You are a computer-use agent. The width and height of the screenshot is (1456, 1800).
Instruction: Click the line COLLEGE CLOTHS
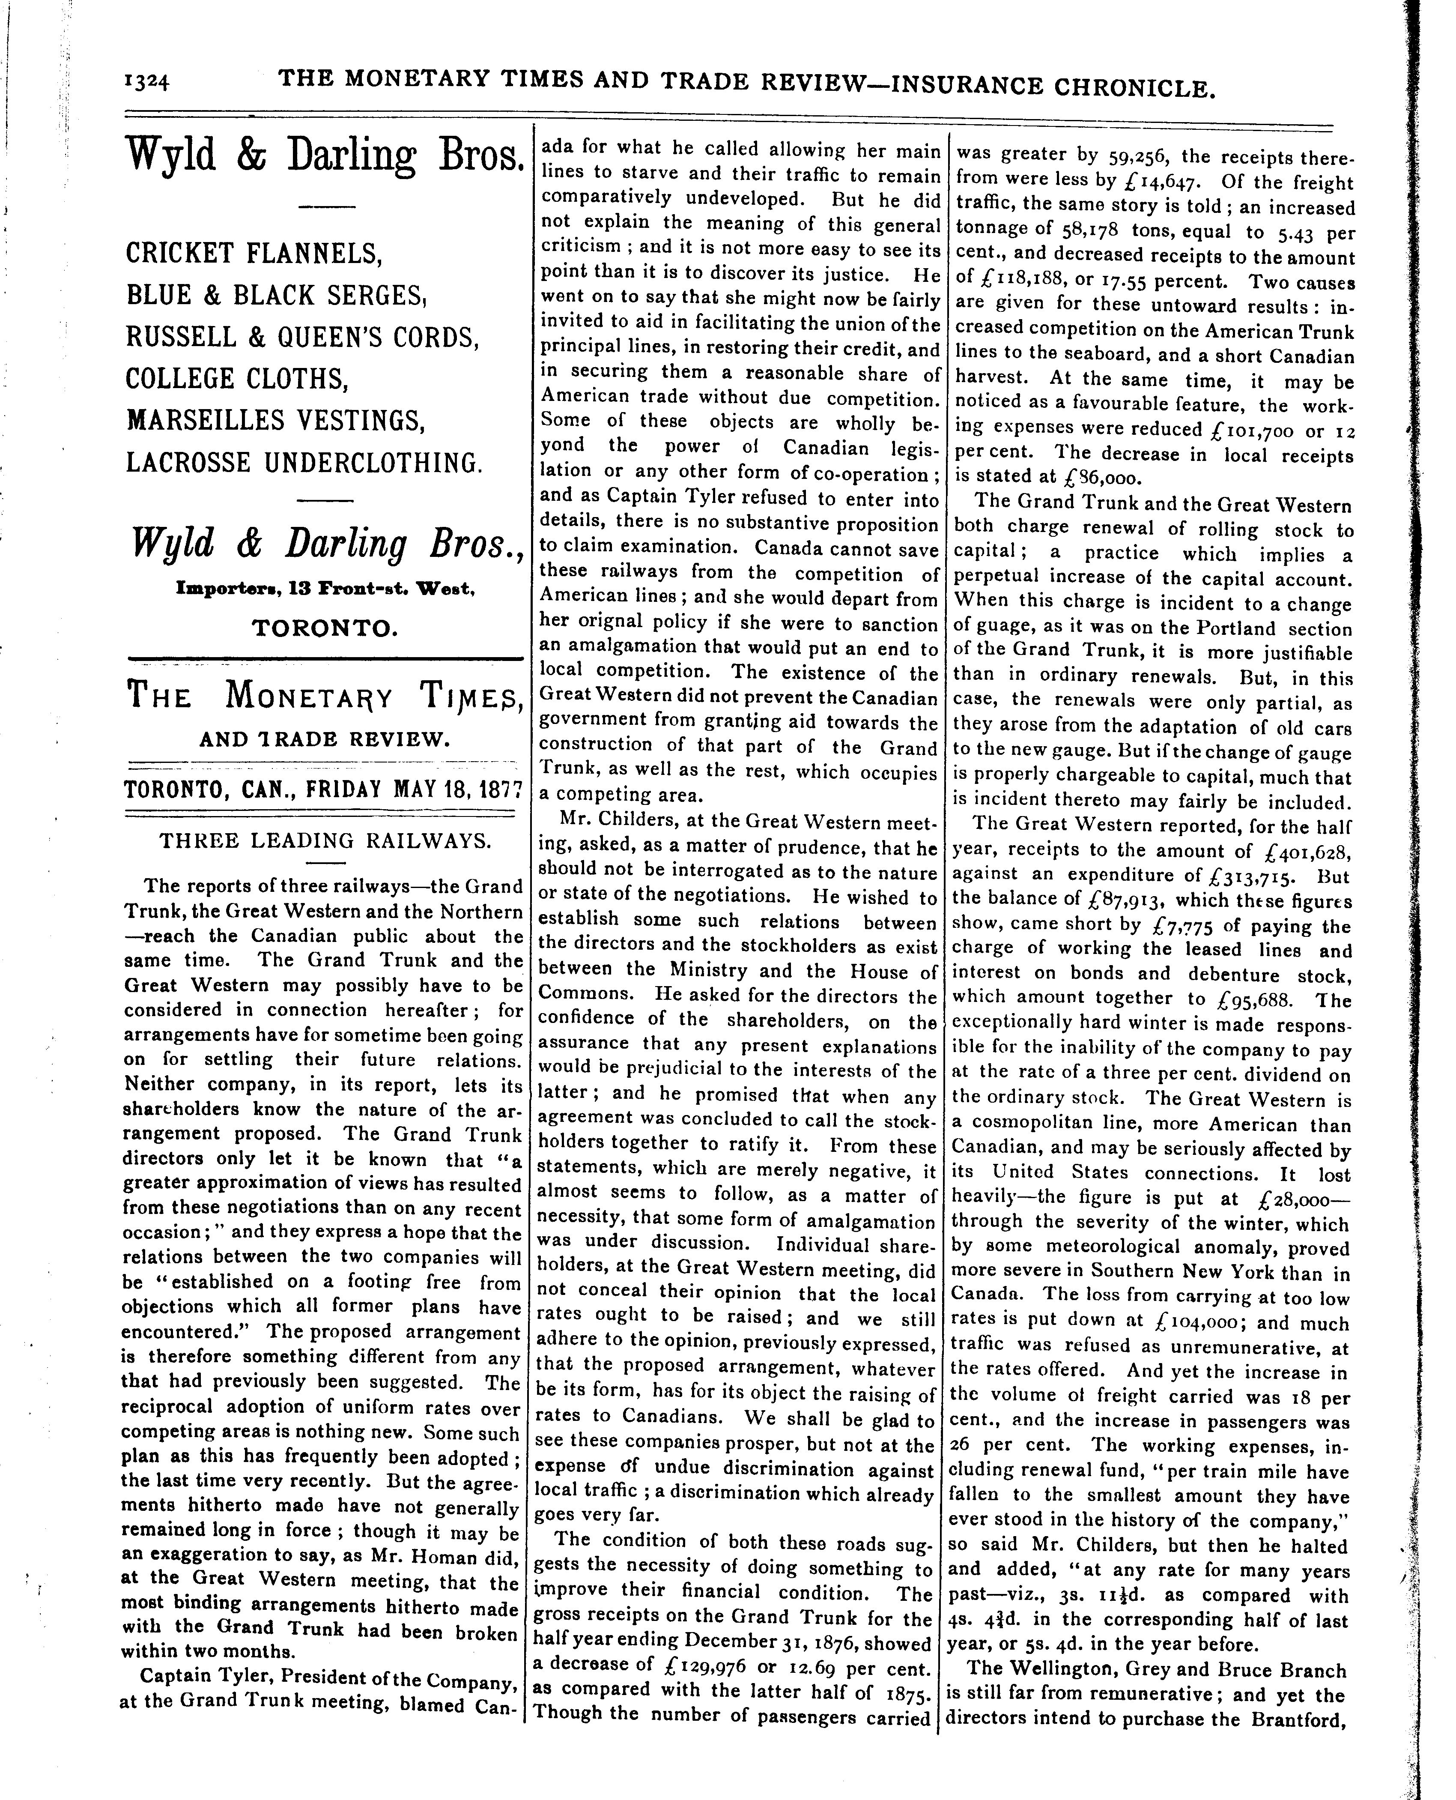(x=236, y=378)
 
